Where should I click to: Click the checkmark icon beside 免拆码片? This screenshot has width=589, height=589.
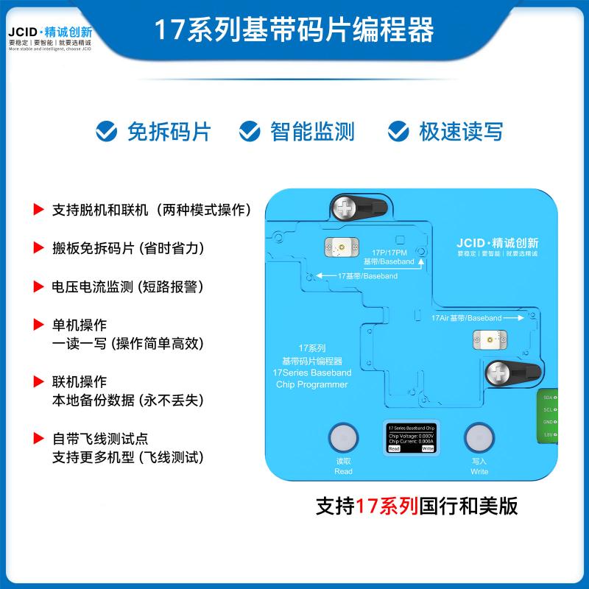(107, 132)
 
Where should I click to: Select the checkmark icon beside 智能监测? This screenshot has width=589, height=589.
(250, 132)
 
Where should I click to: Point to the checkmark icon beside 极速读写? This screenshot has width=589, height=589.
(399, 132)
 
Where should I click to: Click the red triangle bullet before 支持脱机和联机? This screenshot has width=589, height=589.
(38, 209)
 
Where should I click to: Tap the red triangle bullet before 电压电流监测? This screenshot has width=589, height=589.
(38, 285)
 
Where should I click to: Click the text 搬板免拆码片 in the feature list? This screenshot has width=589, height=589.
(93, 247)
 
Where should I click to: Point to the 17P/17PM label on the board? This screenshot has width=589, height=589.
(389, 252)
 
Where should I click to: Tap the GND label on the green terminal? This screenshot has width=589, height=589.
(549, 423)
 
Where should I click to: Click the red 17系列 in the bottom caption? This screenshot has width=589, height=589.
(387, 507)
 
